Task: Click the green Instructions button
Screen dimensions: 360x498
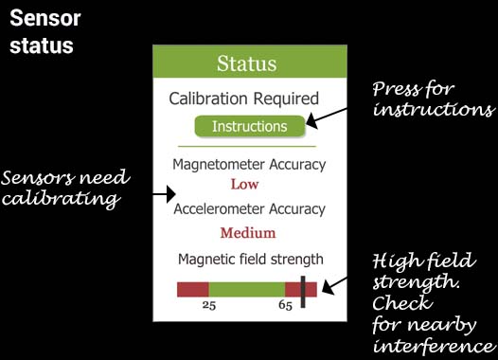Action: (x=249, y=126)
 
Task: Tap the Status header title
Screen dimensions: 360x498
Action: (x=246, y=64)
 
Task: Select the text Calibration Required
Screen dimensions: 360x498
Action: (x=243, y=98)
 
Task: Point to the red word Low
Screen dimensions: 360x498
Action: (x=244, y=184)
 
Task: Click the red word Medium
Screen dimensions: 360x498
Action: (x=248, y=233)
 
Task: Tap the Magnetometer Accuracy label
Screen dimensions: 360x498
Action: (x=249, y=165)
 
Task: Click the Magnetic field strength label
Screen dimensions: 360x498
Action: (x=251, y=259)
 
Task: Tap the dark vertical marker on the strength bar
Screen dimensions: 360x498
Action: (x=303, y=291)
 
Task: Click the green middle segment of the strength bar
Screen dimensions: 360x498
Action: (x=246, y=289)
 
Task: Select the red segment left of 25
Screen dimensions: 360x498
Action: (x=192, y=289)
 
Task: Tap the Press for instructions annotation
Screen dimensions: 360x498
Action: (x=432, y=99)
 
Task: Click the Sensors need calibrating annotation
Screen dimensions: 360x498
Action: (x=64, y=189)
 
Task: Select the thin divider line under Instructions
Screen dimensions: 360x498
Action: (x=247, y=147)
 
